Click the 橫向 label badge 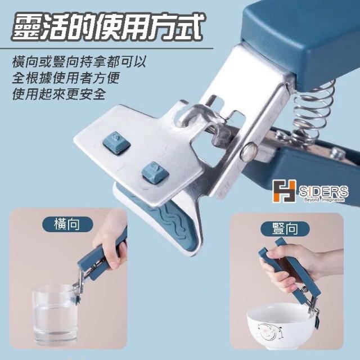pos(67,224)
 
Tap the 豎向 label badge pos(285,229)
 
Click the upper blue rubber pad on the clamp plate pos(116,143)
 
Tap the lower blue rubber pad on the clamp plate pos(155,173)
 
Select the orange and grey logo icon pos(283,191)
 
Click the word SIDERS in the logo pos(323,191)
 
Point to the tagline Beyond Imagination pos(324,200)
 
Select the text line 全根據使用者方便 pos(66,78)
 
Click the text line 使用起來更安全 pos(59,94)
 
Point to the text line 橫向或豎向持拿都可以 pos(79,62)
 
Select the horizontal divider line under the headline pos(106,48)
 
